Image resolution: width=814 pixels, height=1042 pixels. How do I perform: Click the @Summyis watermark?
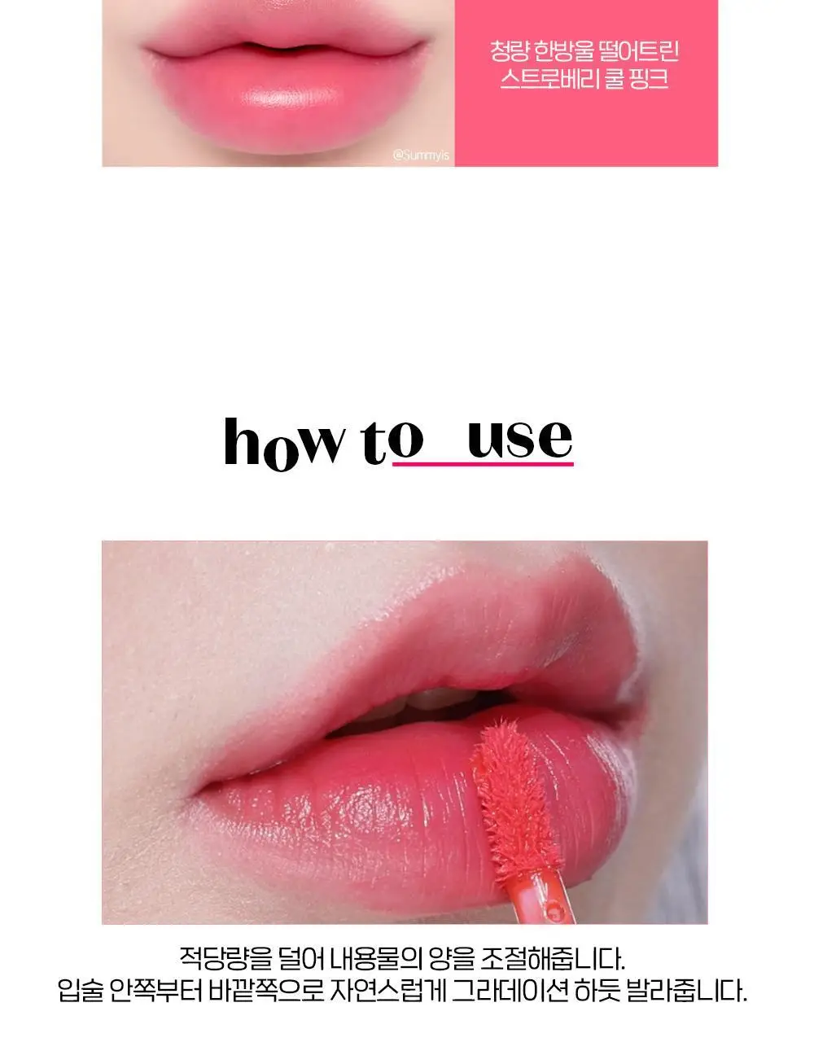click(x=420, y=155)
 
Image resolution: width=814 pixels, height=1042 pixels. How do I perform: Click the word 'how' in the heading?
click(x=285, y=444)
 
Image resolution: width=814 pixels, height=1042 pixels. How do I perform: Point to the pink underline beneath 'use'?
click(x=484, y=464)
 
